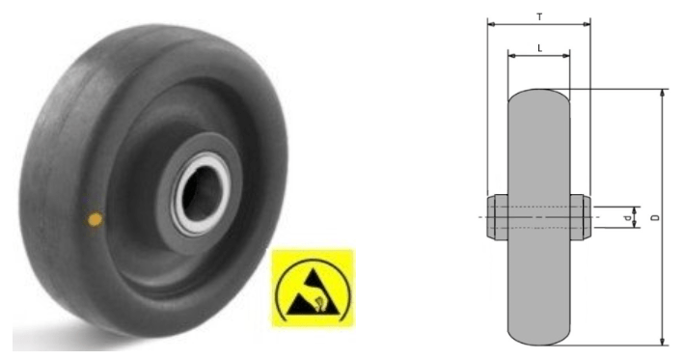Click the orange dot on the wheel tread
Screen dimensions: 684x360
(x=96, y=219)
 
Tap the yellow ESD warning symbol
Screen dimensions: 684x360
(x=314, y=289)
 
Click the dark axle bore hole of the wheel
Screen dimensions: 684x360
(x=201, y=193)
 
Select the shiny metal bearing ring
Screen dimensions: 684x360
(x=201, y=194)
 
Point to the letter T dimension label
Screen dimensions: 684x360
(x=539, y=17)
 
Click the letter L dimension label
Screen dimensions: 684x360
(x=539, y=48)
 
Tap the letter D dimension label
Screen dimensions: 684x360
(x=653, y=217)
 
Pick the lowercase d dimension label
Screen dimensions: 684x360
(x=628, y=218)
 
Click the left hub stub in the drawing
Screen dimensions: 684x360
(x=498, y=217)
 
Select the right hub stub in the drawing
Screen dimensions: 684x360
(x=580, y=217)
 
